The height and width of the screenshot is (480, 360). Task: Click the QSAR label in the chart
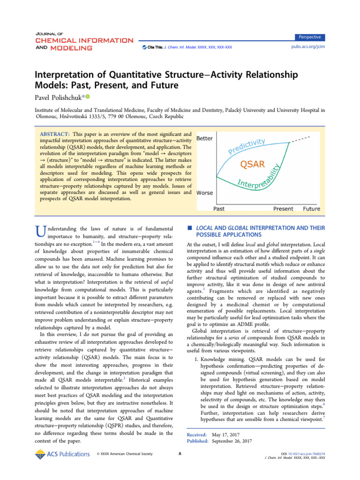(x=252, y=164)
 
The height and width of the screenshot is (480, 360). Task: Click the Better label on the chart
(x=204, y=139)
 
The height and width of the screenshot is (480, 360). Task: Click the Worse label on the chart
(x=205, y=193)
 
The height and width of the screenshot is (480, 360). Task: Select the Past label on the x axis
(x=219, y=209)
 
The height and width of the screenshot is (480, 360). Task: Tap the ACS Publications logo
(x=62, y=454)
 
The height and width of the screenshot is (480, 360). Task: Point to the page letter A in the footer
(x=180, y=454)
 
